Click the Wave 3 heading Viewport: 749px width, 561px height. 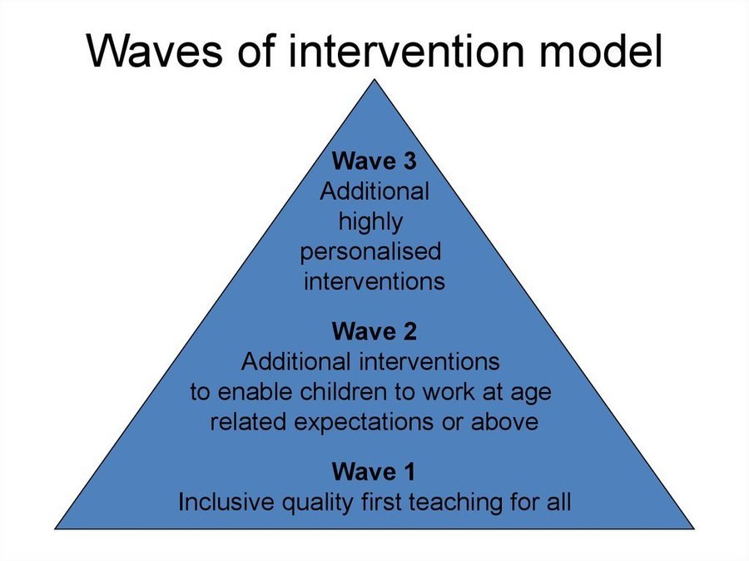pyautogui.click(x=374, y=161)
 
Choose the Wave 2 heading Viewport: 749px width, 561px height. pyautogui.click(x=374, y=331)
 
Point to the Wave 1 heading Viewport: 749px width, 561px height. pyautogui.click(x=374, y=472)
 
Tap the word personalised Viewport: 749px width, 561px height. pyautogui.click(x=370, y=252)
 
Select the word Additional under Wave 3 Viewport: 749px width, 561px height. pyautogui.click(x=374, y=191)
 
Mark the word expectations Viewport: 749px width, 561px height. pyautogui.click(x=364, y=423)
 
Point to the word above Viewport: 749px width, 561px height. pyautogui.click(x=505, y=421)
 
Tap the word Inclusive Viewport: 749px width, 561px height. pyautogui.click(x=227, y=502)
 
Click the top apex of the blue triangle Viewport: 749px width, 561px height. pyautogui.click(x=374, y=79)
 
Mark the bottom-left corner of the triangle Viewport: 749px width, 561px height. pyautogui.click(x=56, y=529)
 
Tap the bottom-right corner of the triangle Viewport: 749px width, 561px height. pyautogui.click(x=693, y=529)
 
